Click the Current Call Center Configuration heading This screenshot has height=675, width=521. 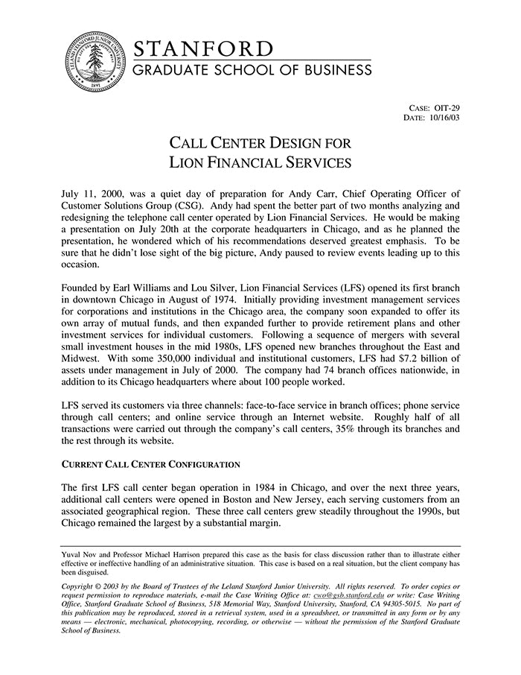(150, 465)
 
